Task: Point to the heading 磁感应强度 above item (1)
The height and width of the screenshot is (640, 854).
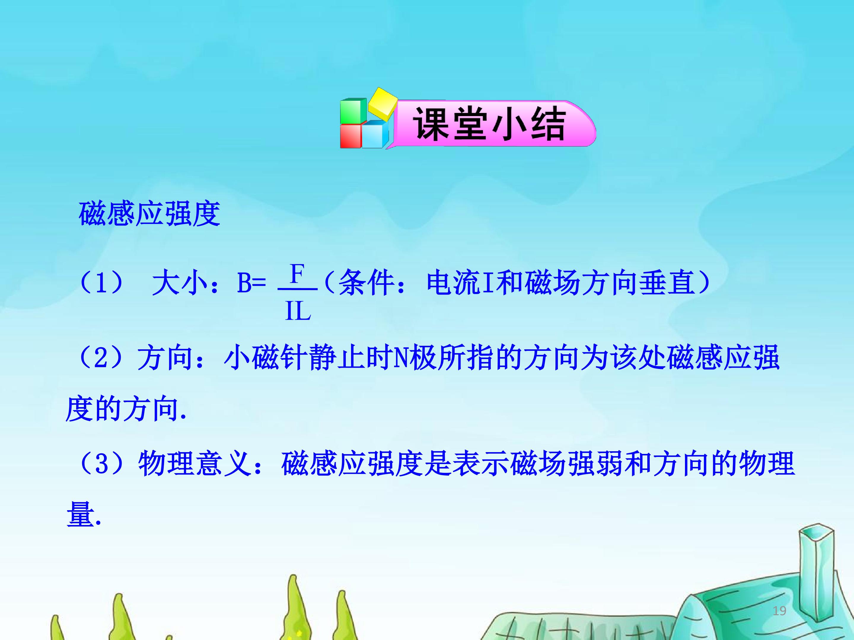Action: [x=149, y=213]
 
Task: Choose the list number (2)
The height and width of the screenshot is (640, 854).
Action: [x=101, y=358]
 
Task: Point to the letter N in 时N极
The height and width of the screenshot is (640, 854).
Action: [x=401, y=358]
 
